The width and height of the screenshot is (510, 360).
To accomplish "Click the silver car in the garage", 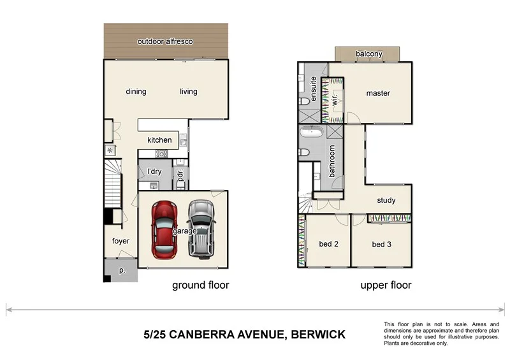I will tap(202, 228).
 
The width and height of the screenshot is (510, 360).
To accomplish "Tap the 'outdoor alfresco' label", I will tap(165, 42).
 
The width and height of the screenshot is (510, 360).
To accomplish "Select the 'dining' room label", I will tap(136, 92).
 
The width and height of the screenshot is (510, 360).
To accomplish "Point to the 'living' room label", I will tap(188, 92).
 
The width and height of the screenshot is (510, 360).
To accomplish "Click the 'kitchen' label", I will tap(159, 140).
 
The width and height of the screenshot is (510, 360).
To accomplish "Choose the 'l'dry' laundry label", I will tap(154, 172).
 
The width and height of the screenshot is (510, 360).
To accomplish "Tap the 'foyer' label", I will tap(120, 241).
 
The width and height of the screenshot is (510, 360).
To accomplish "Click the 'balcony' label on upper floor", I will tap(369, 54).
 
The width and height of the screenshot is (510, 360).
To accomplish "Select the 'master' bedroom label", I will tap(377, 94).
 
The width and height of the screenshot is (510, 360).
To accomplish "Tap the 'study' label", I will tap(386, 201).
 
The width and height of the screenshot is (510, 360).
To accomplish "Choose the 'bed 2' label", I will tap(328, 244).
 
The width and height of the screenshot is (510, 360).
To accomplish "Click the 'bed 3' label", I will tap(381, 244).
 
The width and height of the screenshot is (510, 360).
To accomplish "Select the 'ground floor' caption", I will tap(200, 285).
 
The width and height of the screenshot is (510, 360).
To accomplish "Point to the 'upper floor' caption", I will tap(386, 285).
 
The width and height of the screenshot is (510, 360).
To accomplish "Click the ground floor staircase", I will tap(112, 185).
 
